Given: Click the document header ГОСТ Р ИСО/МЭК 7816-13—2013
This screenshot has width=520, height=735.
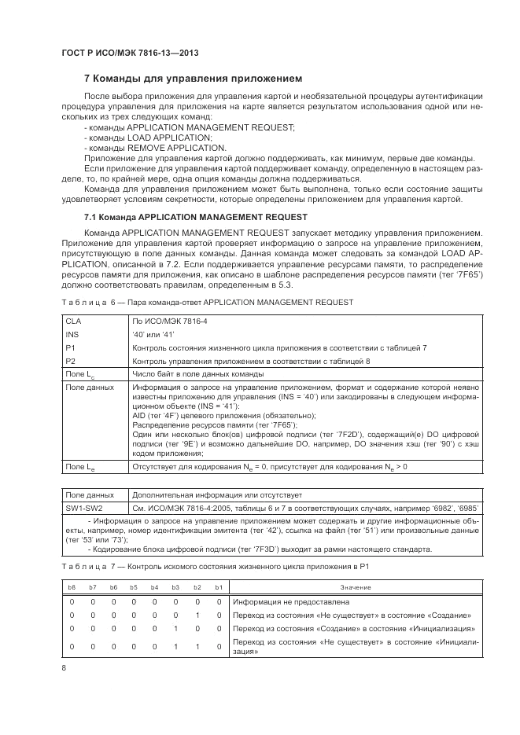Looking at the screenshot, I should click(x=129, y=53).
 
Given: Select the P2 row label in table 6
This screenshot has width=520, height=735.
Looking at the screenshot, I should click(x=71, y=361).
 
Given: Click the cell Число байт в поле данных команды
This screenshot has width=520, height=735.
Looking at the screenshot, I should click(x=198, y=374).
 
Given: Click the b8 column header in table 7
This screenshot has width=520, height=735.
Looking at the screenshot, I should click(x=72, y=588).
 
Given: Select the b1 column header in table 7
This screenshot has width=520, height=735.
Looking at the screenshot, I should click(x=219, y=588).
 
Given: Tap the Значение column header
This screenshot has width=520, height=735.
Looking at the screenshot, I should click(x=355, y=588).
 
